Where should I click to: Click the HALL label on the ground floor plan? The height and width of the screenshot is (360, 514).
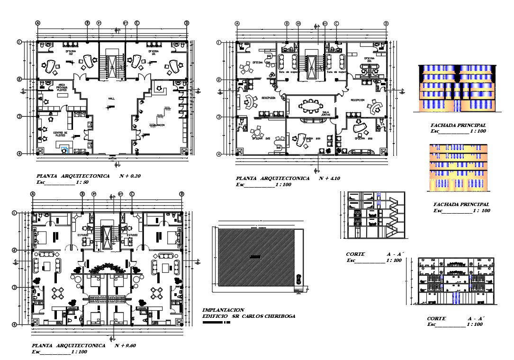point(111,99)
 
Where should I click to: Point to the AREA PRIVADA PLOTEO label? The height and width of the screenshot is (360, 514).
point(62,88)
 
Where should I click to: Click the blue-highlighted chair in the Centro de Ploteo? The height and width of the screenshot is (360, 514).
point(65,150)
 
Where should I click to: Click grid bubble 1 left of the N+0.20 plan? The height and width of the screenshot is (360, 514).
point(19,42)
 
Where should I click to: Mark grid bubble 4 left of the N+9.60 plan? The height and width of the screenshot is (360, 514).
point(15,324)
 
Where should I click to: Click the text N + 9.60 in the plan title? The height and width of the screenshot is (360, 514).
point(125,346)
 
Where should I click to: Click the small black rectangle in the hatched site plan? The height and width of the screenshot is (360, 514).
point(256,257)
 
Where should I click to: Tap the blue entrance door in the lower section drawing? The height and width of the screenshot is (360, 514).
point(456,298)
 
